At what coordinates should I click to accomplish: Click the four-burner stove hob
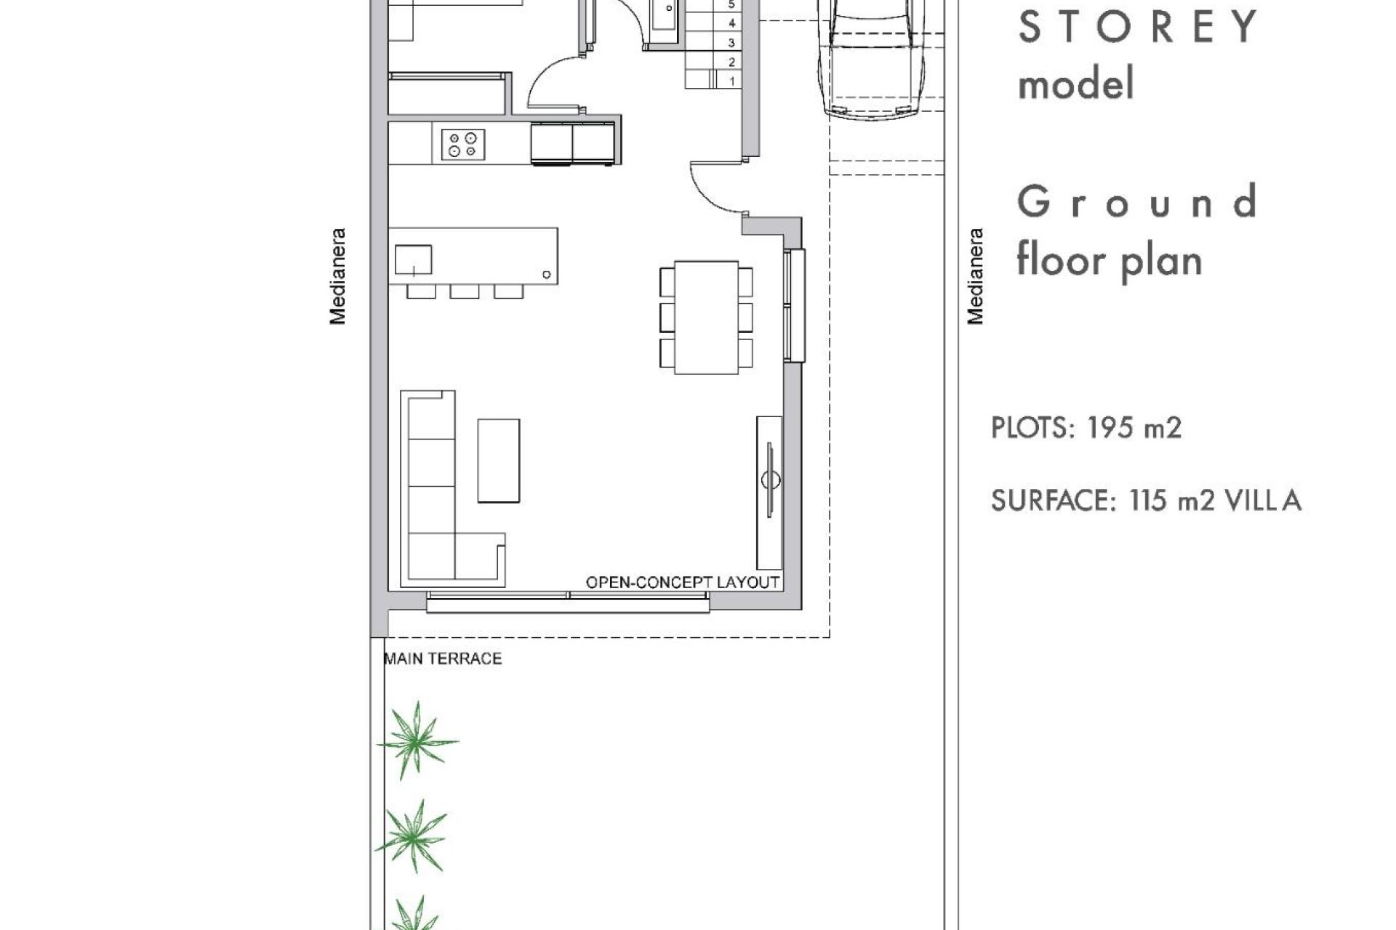pos(463,144)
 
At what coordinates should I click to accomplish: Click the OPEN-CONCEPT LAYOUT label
pos(682,582)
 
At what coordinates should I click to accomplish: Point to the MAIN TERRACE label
pos(443,658)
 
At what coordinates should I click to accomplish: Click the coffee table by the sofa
pos(498,460)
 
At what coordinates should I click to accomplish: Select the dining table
pos(706,318)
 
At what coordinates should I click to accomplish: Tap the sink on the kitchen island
pos(413,259)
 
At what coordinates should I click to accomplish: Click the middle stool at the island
pos(464,291)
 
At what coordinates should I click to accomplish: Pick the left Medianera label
pos(338,276)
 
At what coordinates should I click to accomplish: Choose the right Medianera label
pos(975,276)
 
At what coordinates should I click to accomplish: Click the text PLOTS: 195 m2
pos(1086,428)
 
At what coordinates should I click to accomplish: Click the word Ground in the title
pos(1136,201)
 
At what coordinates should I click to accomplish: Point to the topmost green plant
pos(417,740)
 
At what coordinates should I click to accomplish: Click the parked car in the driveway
pos(872,58)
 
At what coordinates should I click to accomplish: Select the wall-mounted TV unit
pos(769,492)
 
